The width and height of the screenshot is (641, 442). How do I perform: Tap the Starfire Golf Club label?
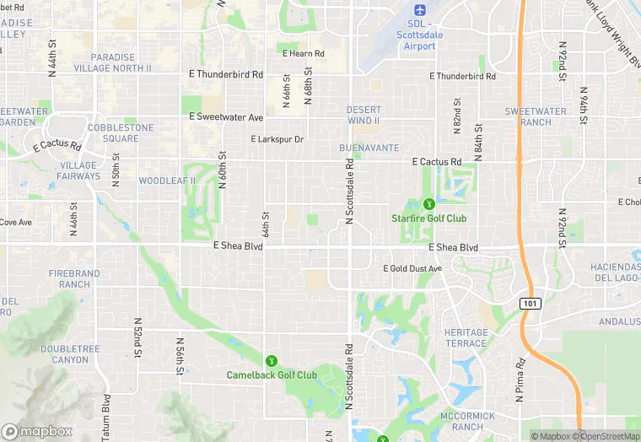pos(428,218)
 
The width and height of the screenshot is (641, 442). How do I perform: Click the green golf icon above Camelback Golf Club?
pos(271,361)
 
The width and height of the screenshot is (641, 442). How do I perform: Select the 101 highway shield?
pos(529,302)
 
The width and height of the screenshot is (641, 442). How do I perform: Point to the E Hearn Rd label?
pos(303,53)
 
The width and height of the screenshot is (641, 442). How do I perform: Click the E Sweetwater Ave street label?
pos(226,116)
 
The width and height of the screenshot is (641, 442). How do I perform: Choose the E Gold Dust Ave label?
pos(412,268)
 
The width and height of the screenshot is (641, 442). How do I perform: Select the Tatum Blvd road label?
pos(107,418)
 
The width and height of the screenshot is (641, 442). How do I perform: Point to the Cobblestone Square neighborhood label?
pos(121,133)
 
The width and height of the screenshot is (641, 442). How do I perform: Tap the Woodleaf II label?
pos(167,181)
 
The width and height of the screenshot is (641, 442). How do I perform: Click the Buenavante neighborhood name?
pos(369,148)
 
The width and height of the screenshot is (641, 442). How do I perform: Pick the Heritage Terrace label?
pos(466,338)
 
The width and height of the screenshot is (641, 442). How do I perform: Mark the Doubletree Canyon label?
pos(64,354)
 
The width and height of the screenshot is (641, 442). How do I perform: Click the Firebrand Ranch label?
pos(74,279)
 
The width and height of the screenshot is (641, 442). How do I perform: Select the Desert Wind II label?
pos(364,116)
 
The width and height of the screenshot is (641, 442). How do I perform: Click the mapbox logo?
pos(37,430)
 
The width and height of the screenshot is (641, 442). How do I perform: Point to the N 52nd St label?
pos(137,337)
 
